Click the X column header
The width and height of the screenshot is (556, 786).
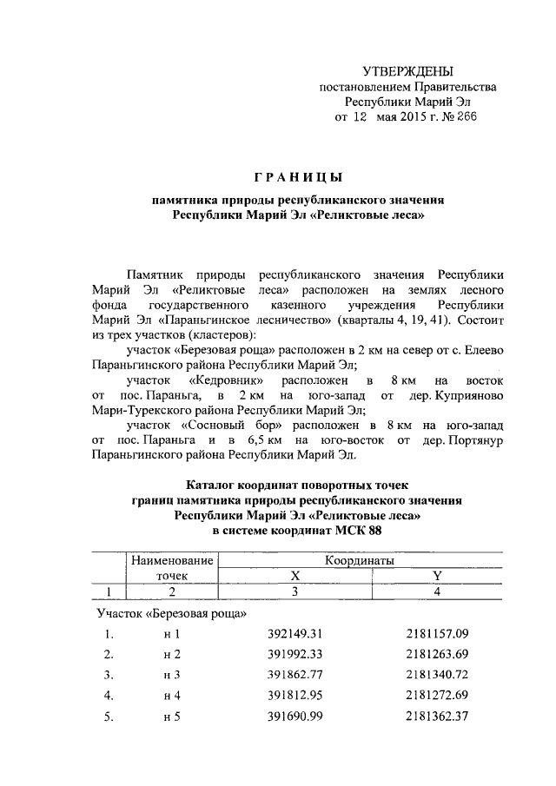pos(295,576)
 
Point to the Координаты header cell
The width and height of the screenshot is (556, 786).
pos(360,561)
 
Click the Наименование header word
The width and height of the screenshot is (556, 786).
pos(172,561)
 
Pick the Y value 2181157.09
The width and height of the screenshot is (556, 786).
pos(436,634)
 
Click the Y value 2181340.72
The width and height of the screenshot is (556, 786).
pos(436,675)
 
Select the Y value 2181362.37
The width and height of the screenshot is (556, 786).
pos(436,717)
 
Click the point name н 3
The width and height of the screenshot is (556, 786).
pos(171,675)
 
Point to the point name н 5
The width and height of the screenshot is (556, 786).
pos(171,717)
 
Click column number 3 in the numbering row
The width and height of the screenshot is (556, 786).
pos(295,591)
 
